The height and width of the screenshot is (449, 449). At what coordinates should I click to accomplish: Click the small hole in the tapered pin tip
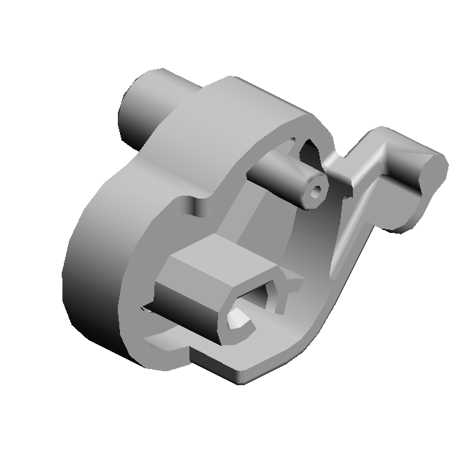click(x=317, y=189)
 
